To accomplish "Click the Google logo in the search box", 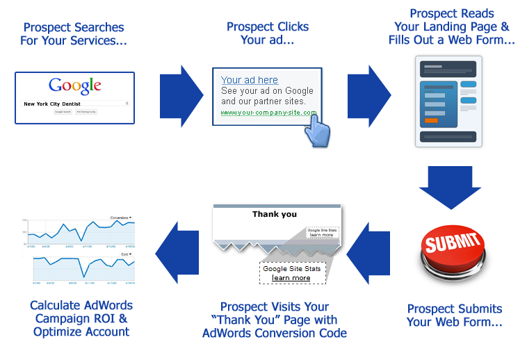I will [x=75, y=86].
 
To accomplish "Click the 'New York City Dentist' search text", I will [x=53, y=104].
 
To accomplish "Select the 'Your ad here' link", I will [x=250, y=80].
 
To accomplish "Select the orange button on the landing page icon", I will [x=431, y=121].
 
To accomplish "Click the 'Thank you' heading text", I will [x=275, y=214].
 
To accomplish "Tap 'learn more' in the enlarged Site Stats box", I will [x=291, y=278].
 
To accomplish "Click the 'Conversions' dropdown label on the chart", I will [x=121, y=218].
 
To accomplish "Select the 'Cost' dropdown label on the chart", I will [x=126, y=254].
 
